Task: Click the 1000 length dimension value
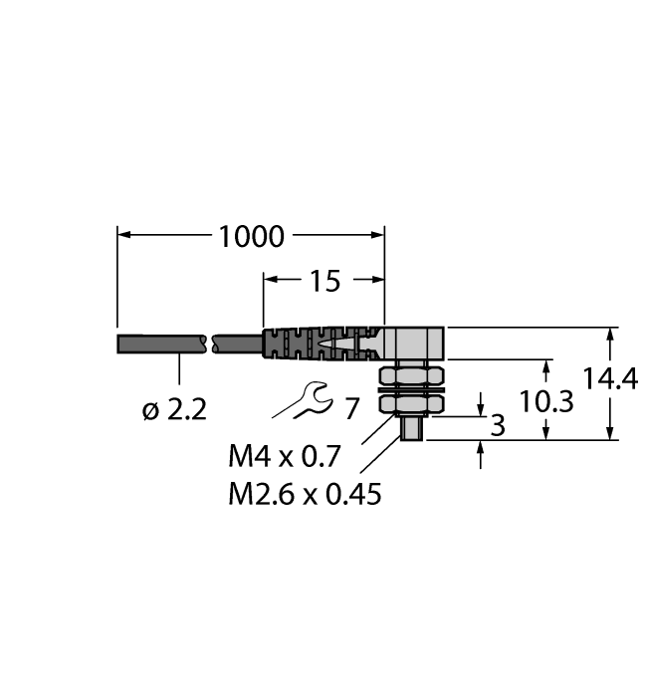(251, 237)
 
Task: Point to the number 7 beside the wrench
(350, 408)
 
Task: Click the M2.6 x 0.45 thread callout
(305, 494)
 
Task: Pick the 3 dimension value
(498, 426)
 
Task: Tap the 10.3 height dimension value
(547, 401)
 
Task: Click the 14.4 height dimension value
(610, 380)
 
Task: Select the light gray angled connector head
(416, 344)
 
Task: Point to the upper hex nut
(409, 376)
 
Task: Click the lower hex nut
(409, 406)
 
